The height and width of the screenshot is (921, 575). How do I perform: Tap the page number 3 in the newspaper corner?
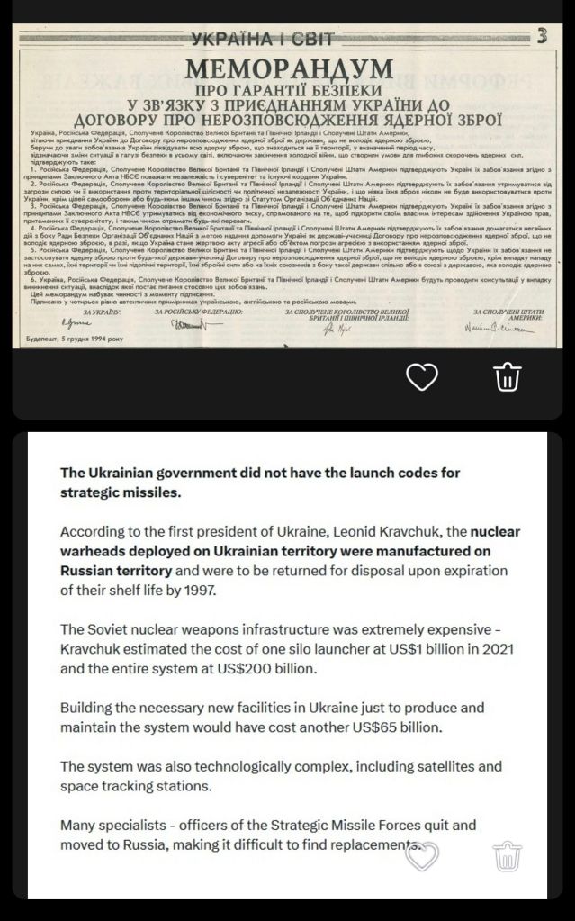click(x=542, y=36)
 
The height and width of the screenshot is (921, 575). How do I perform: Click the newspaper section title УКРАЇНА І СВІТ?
click(x=263, y=38)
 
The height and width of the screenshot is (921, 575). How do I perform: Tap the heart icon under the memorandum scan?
click(x=422, y=377)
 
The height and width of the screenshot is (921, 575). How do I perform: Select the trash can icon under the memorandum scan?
click(x=508, y=377)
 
